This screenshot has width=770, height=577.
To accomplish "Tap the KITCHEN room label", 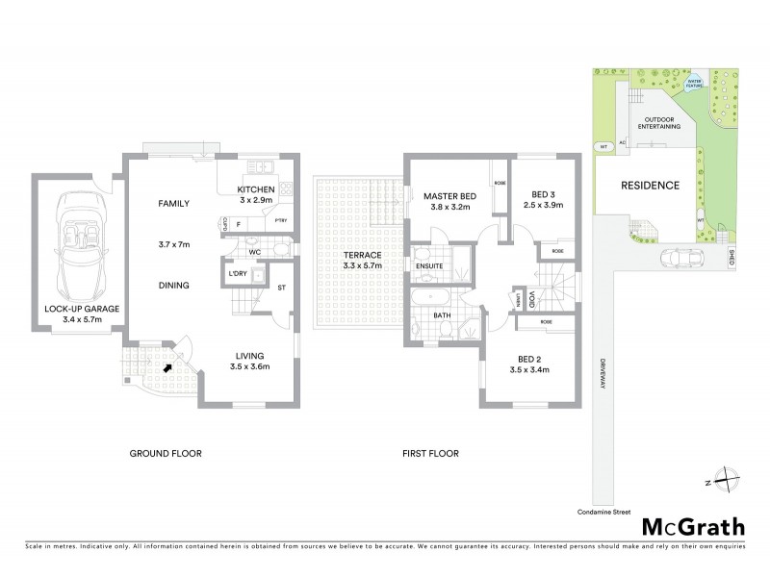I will click(x=256, y=189).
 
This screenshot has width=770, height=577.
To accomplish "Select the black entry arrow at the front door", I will click(x=168, y=365).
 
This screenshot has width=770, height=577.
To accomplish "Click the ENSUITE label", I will click(x=429, y=266).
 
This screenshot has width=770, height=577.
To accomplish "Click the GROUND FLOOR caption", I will click(x=166, y=453).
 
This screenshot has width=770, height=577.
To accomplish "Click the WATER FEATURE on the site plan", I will click(x=695, y=81).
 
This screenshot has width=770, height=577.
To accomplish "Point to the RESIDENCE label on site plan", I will click(x=650, y=186).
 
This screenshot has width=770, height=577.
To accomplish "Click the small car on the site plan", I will click(x=684, y=258).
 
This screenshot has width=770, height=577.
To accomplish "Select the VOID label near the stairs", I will click(x=530, y=299).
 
